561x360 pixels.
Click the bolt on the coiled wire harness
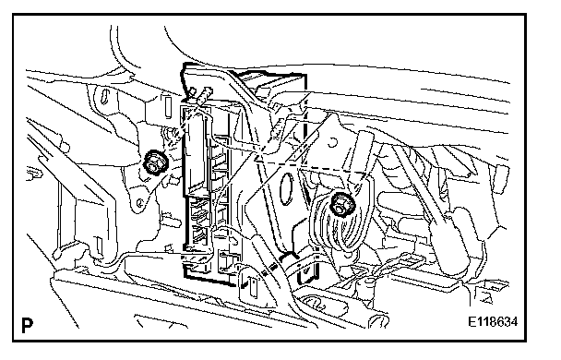[x=340, y=205]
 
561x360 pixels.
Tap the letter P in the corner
[x=28, y=325]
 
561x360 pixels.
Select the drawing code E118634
[x=493, y=322]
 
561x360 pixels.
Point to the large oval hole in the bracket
[x=286, y=189]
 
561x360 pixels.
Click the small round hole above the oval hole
[x=332, y=142]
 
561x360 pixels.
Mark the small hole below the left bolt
[x=140, y=203]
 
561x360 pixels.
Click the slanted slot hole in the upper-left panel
[x=105, y=97]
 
